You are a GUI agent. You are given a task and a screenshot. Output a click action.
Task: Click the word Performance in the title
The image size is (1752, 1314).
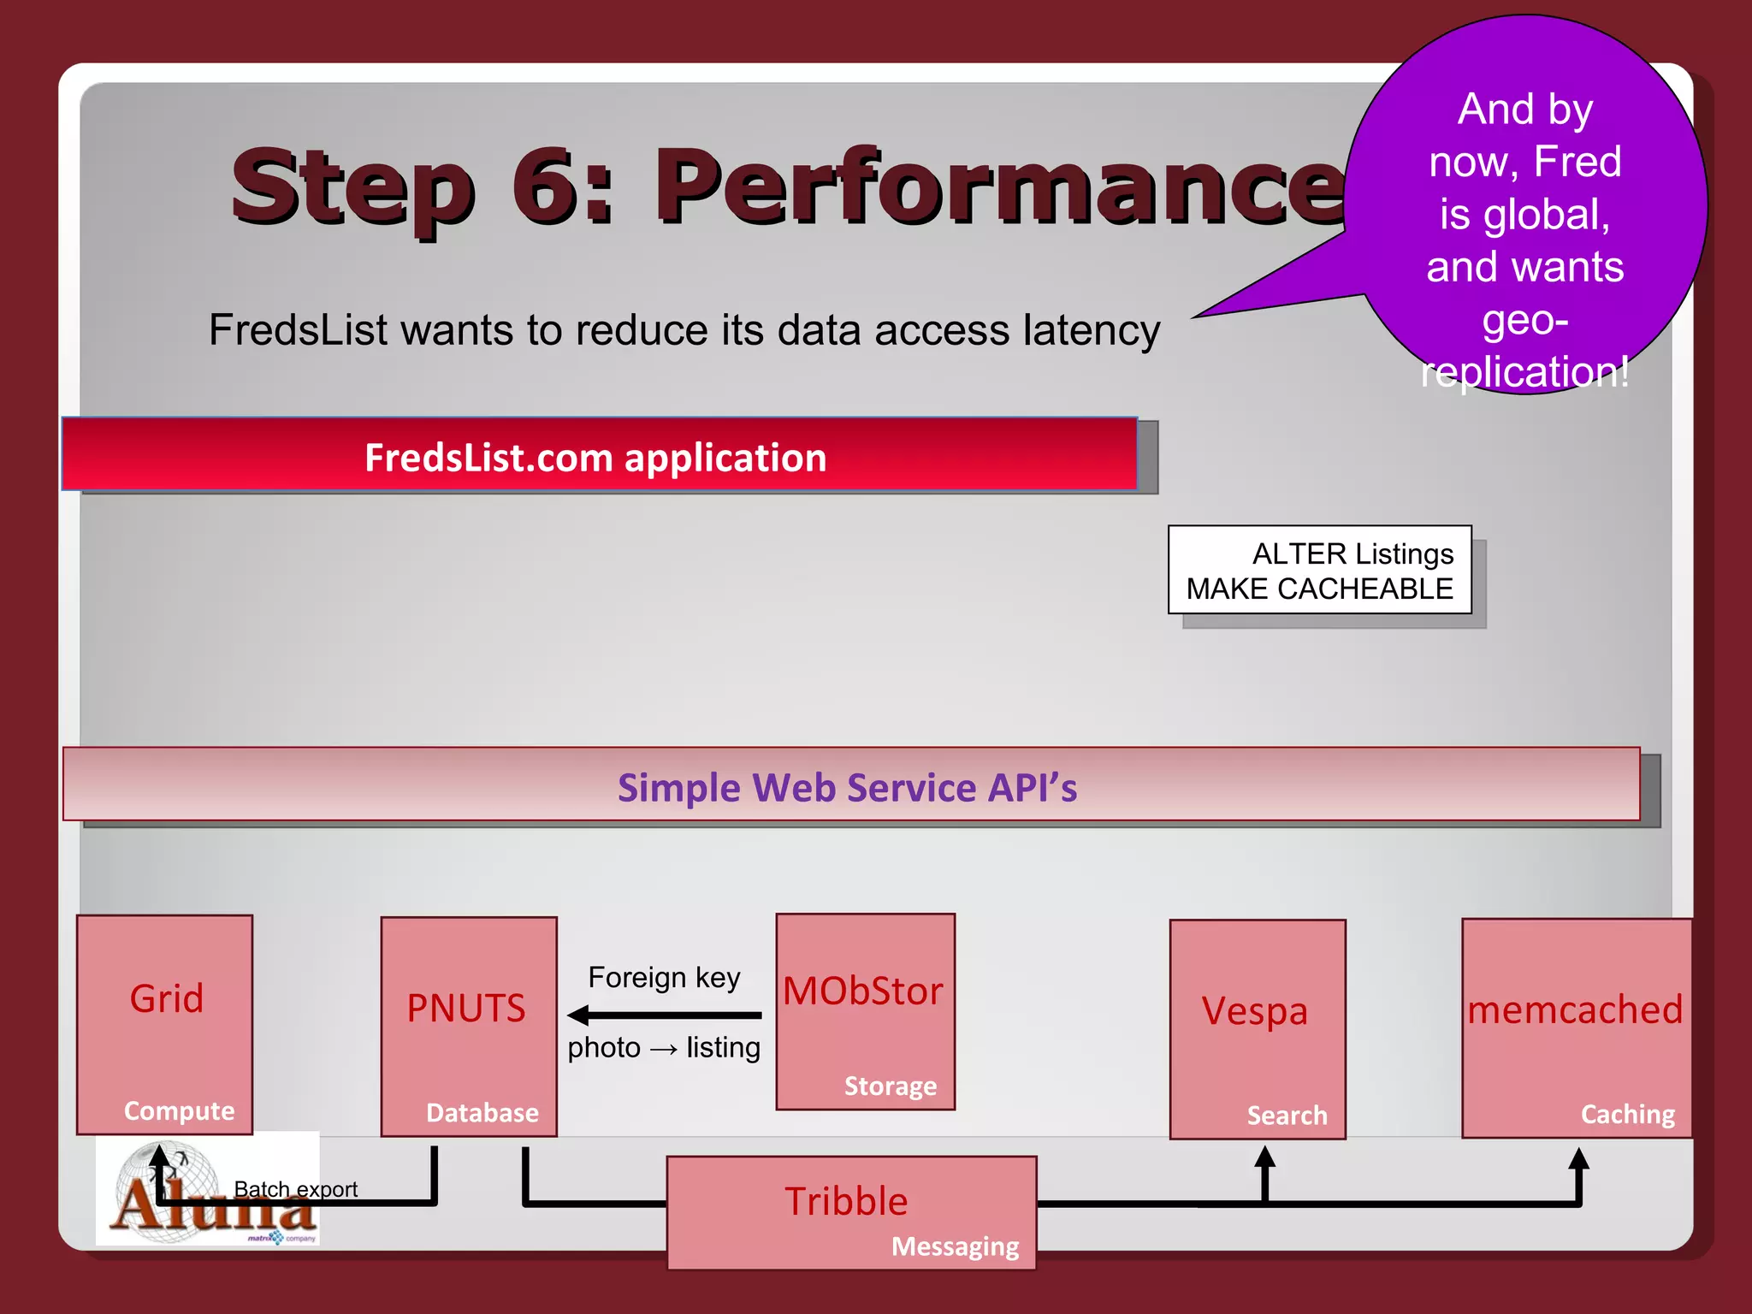[x=1001, y=186]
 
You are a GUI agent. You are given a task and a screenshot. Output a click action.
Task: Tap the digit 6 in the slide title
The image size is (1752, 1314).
[x=550, y=186]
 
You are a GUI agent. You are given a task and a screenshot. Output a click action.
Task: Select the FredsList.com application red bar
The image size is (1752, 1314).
[x=599, y=456]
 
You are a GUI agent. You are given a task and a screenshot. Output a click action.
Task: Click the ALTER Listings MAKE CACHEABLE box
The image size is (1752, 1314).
[x=1319, y=571]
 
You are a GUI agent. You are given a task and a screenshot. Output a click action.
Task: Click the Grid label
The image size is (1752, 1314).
[x=167, y=998]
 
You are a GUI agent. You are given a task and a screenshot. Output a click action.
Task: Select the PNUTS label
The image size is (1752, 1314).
[x=466, y=1008]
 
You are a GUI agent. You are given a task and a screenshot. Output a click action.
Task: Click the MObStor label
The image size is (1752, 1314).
[x=862, y=991]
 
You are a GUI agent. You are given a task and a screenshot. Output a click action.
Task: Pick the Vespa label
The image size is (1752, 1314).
[x=1255, y=1011]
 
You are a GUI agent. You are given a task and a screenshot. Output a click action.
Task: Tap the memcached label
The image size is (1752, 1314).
[x=1575, y=1009]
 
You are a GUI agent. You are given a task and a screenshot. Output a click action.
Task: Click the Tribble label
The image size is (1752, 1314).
[x=846, y=1201]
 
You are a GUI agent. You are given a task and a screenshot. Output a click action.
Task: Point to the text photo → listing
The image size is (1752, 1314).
[x=664, y=1048]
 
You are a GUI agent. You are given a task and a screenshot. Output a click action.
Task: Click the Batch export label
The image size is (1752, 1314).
[x=296, y=1189]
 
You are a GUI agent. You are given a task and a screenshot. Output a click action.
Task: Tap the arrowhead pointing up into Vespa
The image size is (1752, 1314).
[x=1264, y=1157]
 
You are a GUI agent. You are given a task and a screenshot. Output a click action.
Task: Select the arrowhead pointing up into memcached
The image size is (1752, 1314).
[x=1578, y=1159]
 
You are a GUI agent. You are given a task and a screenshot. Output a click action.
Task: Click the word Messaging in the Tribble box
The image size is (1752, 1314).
[x=955, y=1246]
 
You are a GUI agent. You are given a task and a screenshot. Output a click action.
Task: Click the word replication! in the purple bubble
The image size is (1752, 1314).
[x=1525, y=371]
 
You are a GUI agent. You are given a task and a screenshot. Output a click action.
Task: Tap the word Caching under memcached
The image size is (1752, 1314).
[x=1627, y=1114]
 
